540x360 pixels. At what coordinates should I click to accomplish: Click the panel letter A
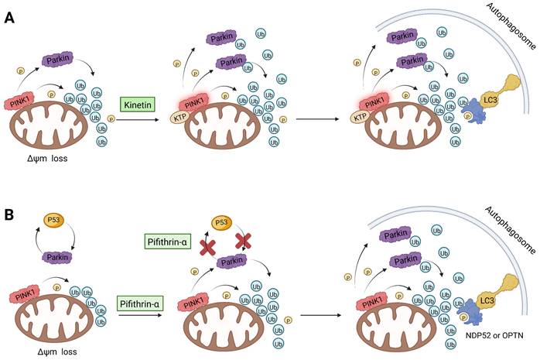click(9, 17)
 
